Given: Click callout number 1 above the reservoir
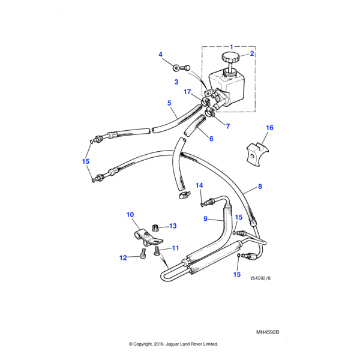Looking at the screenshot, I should (x=232, y=46).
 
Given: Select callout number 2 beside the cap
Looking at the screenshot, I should (x=252, y=54).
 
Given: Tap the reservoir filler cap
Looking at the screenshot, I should (x=229, y=59).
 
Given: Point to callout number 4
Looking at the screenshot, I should (x=161, y=55).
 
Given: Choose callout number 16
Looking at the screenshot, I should (x=269, y=128).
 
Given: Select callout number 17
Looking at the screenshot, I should (x=187, y=92).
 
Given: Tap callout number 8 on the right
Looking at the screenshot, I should (x=260, y=187).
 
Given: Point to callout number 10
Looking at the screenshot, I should (x=130, y=215).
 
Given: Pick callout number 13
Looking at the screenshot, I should (x=173, y=226).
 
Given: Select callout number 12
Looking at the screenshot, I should (x=123, y=258).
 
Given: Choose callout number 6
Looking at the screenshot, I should (x=211, y=139).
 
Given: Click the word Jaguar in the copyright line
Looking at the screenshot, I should (x=170, y=344).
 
